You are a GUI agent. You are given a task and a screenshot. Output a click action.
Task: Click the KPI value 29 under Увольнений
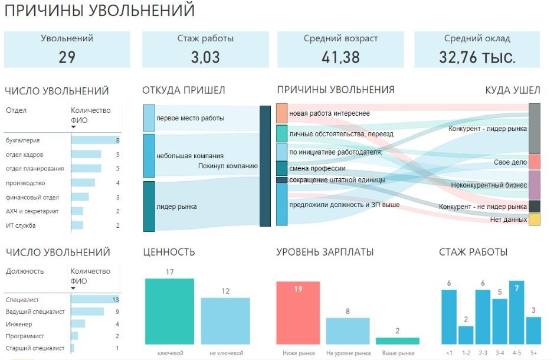coord(67,57)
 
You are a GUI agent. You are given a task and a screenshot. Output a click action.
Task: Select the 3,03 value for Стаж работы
coord(205,57)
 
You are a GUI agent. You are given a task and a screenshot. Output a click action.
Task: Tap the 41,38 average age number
coord(341,57)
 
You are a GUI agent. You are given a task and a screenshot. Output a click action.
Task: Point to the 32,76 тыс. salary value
coord(477,57)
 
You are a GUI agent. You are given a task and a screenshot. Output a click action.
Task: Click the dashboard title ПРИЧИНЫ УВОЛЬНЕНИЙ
coord(99,10)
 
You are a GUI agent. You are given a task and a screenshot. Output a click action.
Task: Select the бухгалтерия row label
coord(22,140)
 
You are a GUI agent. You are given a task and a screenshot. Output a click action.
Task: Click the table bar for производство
coord(83,183)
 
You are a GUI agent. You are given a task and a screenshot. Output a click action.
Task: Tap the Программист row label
coord(25,336)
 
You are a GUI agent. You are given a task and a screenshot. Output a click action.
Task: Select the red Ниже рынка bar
coord(298,313)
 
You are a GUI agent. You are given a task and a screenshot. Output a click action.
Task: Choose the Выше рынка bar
coord(398,341)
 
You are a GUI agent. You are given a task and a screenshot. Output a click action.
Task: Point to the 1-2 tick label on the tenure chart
coord(466,353)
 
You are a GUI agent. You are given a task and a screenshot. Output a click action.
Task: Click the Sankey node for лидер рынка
coord(149,206)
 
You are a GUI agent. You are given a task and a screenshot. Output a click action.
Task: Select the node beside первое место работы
coord(149,118)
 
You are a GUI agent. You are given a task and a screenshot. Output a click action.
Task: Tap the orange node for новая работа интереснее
coord(281,113)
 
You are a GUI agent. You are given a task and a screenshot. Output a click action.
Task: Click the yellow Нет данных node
coord(535,220)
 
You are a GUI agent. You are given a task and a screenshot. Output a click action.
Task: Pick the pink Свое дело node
coord(535,162)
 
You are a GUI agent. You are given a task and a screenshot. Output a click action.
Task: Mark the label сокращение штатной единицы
coord(337,180)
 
